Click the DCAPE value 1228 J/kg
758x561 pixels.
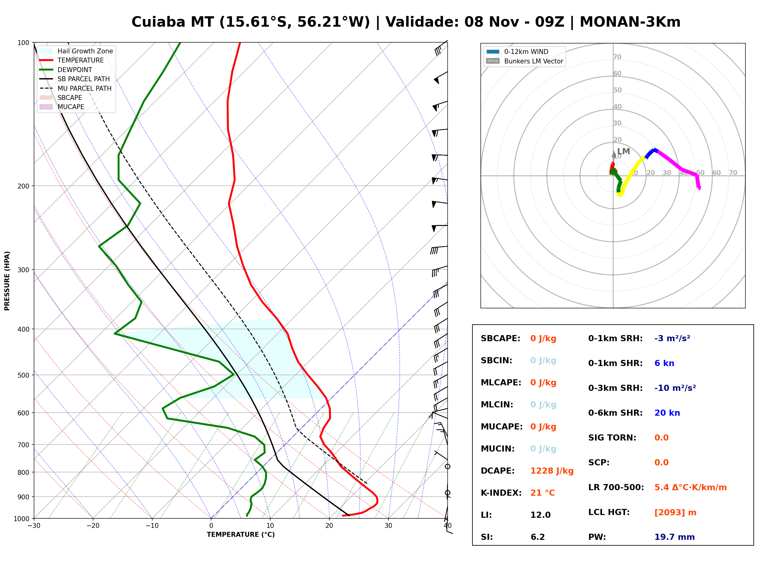[x=552, y=471]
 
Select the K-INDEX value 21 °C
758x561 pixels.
[x=543, y=493]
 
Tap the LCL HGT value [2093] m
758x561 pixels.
[x=675, y=513]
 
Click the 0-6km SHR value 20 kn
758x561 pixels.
[x=667, y=413]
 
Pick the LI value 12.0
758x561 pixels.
[x=540, y=515]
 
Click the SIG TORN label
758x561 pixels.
[x=612, y=438]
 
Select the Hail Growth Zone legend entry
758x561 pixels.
[x=76, y=51]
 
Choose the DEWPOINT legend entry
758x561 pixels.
[x=66, y=70]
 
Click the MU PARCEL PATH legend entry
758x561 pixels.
[x=75, y=88]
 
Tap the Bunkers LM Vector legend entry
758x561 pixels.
[x=525, y=61]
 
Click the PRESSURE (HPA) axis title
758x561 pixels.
[x=7, y=281]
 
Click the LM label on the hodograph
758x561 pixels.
[x=623, y=151]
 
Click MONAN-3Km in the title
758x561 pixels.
[x=630, y=22]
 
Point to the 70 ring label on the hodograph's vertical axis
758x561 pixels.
[x=617, y=57]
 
